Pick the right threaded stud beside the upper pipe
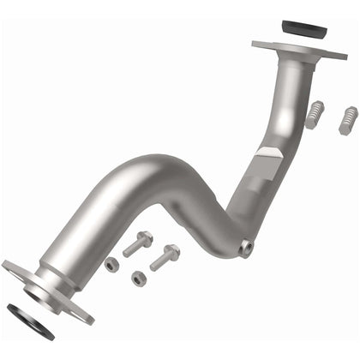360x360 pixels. tap(347, 120)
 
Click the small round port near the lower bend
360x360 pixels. tap(246, 248)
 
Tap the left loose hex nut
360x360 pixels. tap(112, 265)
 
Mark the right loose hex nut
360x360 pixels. tap(139, 279)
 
